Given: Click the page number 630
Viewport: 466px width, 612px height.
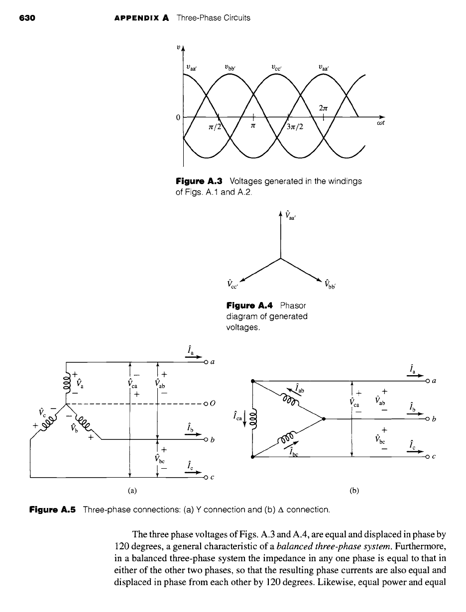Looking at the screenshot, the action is (27, 18).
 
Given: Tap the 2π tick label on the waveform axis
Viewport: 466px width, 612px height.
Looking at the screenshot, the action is (323, 108).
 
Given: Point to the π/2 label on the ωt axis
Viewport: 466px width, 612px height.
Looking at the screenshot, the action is (215, 127).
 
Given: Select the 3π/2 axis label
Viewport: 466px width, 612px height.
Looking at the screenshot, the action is (295, 127).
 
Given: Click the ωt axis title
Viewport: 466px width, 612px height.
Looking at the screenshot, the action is (380, 123).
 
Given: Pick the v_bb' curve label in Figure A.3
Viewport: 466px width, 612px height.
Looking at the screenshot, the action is (231, 68).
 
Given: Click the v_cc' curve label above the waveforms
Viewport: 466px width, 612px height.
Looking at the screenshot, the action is (277, 68).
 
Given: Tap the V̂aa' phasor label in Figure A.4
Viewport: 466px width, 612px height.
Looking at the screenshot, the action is (290, 215).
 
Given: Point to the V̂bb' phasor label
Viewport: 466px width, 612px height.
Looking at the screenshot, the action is (331, 284).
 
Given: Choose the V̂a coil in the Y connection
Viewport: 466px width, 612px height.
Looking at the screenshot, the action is (66, 382).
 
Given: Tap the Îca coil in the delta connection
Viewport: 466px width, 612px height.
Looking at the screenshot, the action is (254, 419).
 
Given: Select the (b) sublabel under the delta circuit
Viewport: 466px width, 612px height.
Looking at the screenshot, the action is (354, 491).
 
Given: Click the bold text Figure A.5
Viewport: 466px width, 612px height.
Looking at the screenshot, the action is (52, 510).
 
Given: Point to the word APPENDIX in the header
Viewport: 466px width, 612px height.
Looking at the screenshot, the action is (137, 18).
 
